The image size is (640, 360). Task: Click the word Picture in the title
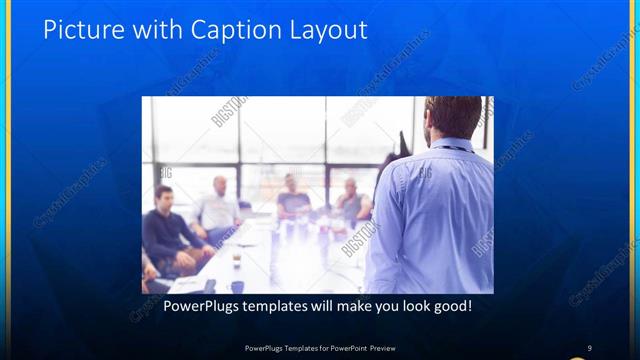[79, 30]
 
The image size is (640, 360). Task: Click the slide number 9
[589, 347]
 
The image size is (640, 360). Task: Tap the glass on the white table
[236, 259]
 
